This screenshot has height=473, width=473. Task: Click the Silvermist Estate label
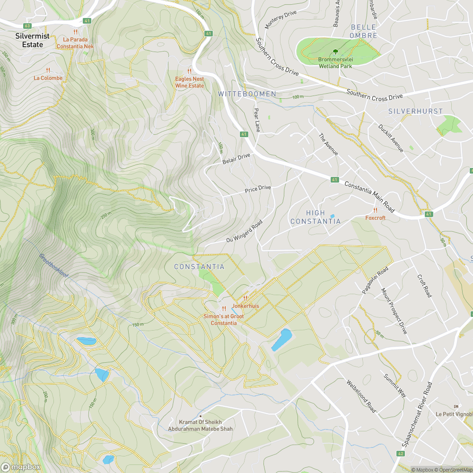(x=29, y=40)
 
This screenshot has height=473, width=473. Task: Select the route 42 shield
(x=400, y=454)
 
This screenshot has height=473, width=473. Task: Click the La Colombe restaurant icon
(x=48, y=70)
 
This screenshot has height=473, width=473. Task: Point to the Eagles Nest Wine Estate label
(x=189, y=82)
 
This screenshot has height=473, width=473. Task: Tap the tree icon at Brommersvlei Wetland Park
(x=335, y=52)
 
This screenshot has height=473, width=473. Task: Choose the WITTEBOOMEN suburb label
(x=247, y=94)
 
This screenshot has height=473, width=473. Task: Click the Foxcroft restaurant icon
(x=375, y=210)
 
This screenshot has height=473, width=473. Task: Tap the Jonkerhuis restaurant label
(x=245, y=306)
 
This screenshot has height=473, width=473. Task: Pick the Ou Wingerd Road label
(x=244, y=231)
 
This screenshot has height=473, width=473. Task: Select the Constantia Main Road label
(x=369, y=196)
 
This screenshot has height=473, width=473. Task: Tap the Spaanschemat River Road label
(x=417, y=414)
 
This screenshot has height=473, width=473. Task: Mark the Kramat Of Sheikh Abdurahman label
(x=201, y=425)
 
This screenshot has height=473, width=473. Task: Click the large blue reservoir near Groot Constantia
(x=282, y=340)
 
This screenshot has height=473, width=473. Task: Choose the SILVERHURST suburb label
(x=415, y=111)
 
